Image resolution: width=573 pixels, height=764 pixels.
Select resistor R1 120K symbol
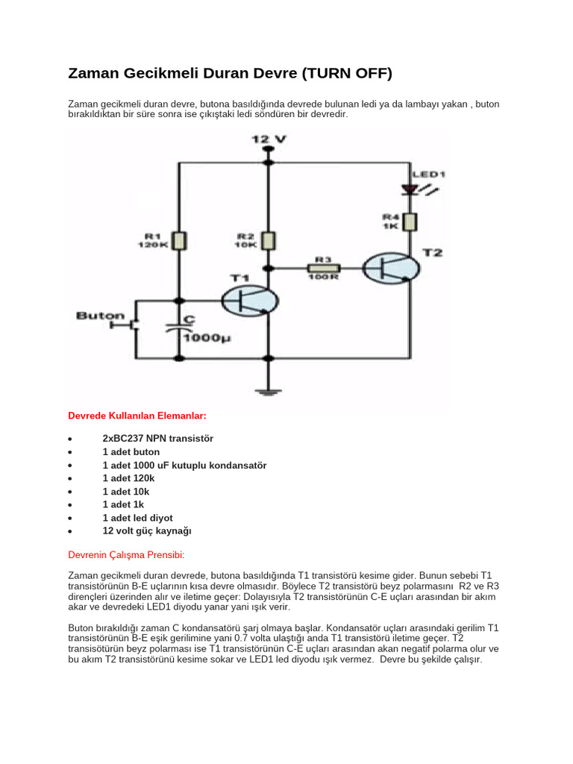pos(179,240)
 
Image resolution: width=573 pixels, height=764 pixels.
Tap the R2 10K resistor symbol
pos(269,240)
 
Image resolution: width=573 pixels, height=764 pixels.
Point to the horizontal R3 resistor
pos(324,268)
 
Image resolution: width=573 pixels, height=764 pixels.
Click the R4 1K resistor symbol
pos(410,221)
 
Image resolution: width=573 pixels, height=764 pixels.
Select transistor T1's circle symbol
pos(250,301)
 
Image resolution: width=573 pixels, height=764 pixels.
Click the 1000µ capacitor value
pos(207,338)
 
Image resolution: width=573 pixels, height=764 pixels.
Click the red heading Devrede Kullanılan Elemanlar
pos(137,415)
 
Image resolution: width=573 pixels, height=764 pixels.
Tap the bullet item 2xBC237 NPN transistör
pos(158,438)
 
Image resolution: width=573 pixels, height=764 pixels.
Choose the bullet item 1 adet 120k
pos(128,478)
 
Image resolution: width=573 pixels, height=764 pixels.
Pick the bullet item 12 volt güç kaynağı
pos(147,531)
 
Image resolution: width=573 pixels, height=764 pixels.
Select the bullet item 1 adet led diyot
pos(137,518)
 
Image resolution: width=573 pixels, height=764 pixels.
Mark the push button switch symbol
pos(127,325)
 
